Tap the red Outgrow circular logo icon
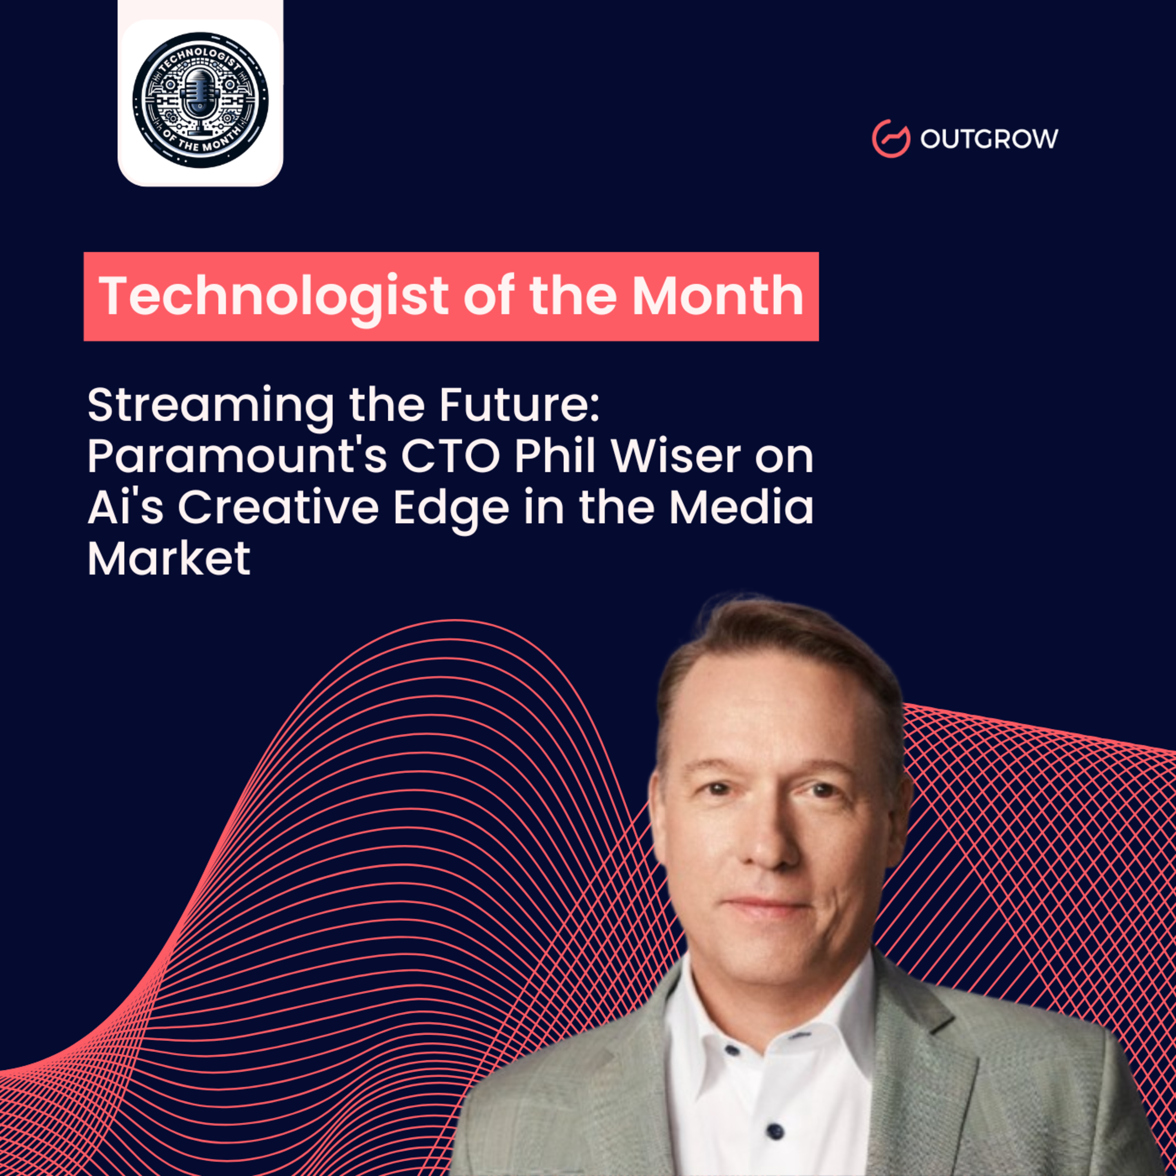click(891, 139)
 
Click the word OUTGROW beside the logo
click(989, 139)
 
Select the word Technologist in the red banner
click(274, 296)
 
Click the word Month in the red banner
click(718, 296)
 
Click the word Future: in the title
click(519, 405)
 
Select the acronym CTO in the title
click(450, 457)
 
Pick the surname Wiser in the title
click(676, 457)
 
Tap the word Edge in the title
click(450, 509)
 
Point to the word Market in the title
click(169, 558)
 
